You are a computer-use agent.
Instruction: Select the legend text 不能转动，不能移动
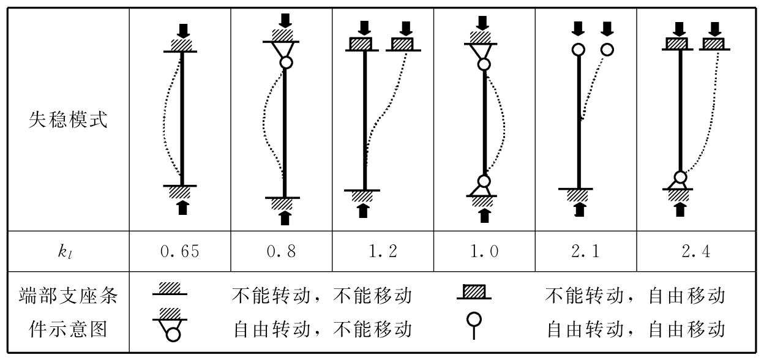click(x=321, y=297)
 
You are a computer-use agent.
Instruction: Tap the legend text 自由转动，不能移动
click(x=321, y=330)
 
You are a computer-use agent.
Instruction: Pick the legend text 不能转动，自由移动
click(x=635, y=297)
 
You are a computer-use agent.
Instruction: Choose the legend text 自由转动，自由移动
click(x=635, y=330)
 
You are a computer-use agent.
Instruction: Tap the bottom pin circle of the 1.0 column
click(x=484, y=182)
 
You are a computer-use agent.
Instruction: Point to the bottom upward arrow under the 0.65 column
click(x=181, y=208)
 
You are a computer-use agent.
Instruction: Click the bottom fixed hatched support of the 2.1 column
click(x=577, y=195)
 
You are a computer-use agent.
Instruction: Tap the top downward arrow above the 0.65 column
click(x=181, y=29)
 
